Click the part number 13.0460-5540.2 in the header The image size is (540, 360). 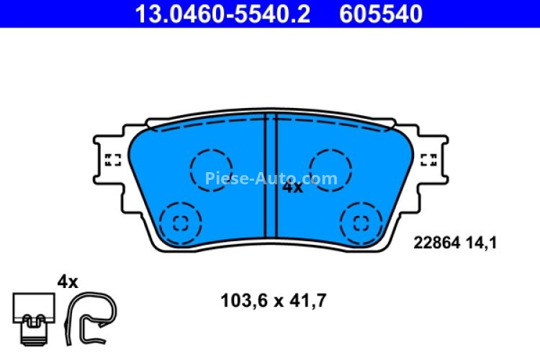pos(223,14)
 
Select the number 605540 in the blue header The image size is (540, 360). pos(378,14)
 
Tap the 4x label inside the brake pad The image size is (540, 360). pos(292,187)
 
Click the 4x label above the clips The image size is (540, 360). pos(67,282)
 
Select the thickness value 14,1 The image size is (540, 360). pos(482,243)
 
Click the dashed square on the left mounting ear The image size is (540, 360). pos(113,160)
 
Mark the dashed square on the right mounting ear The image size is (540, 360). pos(428,160)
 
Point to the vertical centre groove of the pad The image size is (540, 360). pos(271,180)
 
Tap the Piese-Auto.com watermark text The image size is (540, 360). pos(271,178)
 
